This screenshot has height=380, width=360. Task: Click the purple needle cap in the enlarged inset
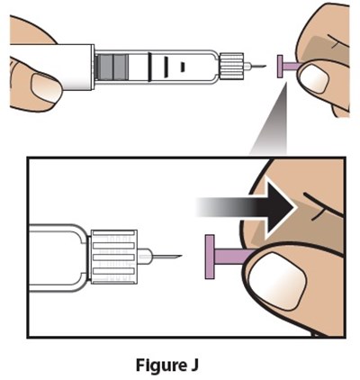coord(226,256)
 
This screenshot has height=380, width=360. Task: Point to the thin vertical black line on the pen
coord(144,66)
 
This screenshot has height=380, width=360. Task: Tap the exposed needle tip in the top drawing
coord(260,66)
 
